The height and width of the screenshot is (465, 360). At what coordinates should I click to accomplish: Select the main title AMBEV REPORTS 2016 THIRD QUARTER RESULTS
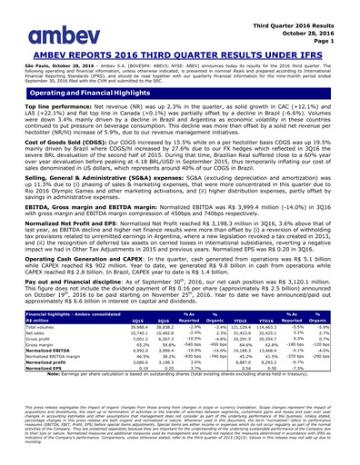coord(179,53)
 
